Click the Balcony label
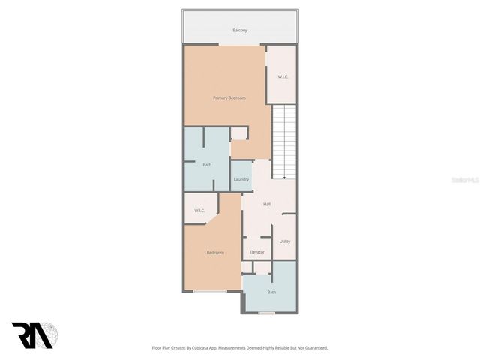[239, 30]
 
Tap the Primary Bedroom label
[229, 97]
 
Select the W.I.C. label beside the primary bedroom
[283, 76]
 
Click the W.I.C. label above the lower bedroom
[199, 210]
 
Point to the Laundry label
[241, 179]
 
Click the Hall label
[267, 204]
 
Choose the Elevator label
[257, 252]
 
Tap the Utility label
[285, 241]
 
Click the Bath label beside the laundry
[207, 164]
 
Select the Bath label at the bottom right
[271, 292]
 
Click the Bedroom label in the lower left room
[216, 252]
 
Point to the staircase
[283, 141]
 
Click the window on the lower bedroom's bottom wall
[210, 290]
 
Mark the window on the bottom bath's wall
[267, 313]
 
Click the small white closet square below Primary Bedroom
[238, 133]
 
